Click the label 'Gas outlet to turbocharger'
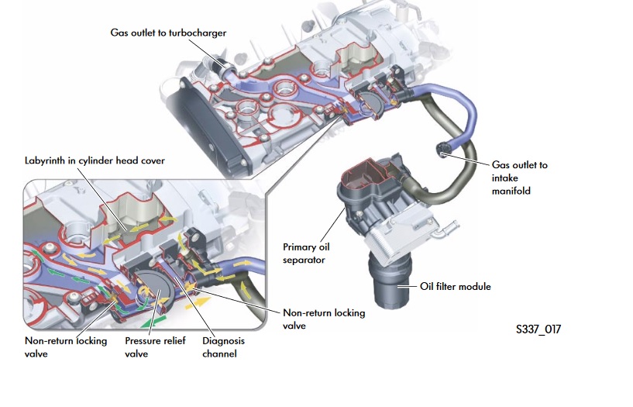[x=167, y=32]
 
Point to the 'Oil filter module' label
[x=456, y=286]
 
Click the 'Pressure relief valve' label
[x=155, y=347]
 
